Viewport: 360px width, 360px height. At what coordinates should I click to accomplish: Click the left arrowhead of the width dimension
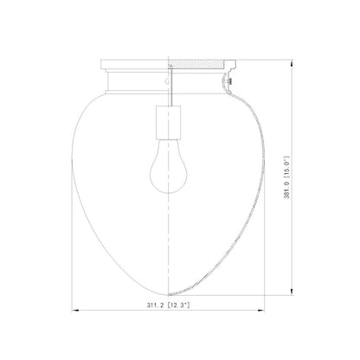[x=75, y=315]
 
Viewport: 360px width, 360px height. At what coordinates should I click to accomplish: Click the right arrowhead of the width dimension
[x=258, y=315]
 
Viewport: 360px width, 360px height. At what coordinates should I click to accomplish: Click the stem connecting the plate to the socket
[x=166, y=90]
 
